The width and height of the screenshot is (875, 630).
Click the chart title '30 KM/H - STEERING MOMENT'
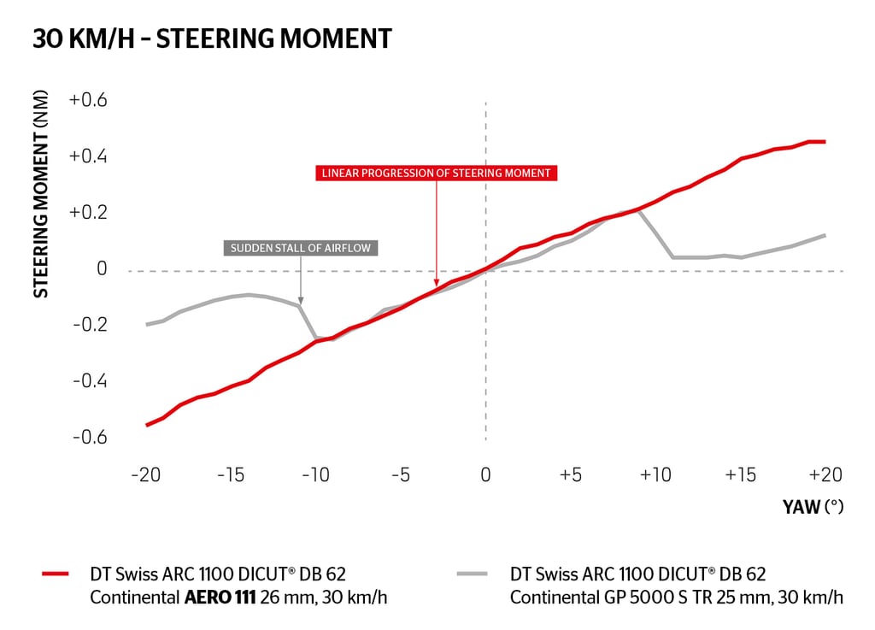click(x=212, y=38)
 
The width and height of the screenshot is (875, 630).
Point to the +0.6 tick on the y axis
click(x=88, y=100)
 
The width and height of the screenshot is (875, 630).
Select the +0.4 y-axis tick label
click(x=88, y=156)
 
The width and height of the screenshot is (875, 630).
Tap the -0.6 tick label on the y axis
click(x=89, y=437)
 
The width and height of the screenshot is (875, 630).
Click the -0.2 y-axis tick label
click(x=89, y=325)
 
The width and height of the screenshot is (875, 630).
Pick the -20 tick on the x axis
click(x=146, y=474)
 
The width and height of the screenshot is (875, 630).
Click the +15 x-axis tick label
click(x=740, y=474)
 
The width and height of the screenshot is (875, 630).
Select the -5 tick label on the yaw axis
click(x=401, y=474)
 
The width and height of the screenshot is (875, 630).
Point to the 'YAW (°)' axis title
click(x=813, y=507)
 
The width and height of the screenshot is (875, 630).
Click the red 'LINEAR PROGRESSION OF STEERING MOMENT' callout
click(x=436, y=173)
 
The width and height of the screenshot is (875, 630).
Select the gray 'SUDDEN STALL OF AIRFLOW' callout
click(x=301, y=249)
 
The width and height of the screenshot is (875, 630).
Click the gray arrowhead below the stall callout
click(x=301, y=301)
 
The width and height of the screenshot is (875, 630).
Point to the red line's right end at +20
click(x=825, y=142)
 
